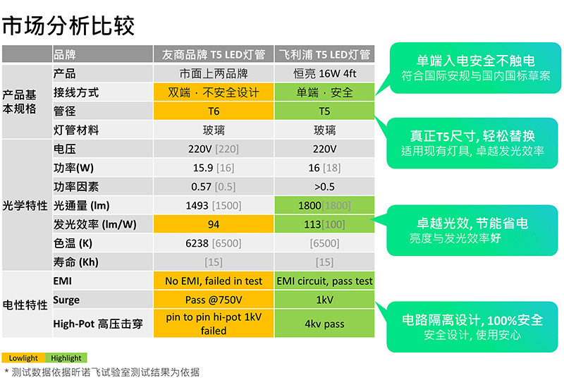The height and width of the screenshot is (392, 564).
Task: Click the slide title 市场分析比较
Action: [68, 25]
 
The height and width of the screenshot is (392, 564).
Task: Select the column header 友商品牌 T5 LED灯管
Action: [214, 54]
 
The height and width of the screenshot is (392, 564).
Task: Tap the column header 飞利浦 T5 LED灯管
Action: [324, 54]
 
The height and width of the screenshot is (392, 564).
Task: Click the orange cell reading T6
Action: [214, 111]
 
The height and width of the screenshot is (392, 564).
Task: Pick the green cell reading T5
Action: [324, 111]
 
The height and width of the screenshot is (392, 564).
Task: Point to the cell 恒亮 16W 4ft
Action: [324, 74]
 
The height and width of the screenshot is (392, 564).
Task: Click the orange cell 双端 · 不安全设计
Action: [214, 92]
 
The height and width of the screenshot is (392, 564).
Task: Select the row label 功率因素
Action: [76, 187]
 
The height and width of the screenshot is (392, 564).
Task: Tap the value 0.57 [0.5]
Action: [214, 187]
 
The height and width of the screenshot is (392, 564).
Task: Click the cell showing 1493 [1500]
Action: [214, 205]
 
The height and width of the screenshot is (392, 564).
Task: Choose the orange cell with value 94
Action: [214, 224]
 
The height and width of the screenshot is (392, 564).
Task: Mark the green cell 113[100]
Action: [324, 224]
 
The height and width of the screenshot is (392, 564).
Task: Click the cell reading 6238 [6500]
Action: [214, 243]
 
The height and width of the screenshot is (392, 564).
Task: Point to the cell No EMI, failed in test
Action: [214, 281]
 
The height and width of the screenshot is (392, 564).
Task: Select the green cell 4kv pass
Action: [324, 324]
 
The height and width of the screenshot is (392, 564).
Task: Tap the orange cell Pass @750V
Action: [214, 300]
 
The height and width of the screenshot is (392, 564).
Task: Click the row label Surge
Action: [66, 300]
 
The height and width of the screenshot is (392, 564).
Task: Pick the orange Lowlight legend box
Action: [23, 358]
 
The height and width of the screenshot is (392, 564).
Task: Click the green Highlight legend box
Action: [66, 358]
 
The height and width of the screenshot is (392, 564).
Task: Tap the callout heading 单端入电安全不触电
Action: [475, 61]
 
